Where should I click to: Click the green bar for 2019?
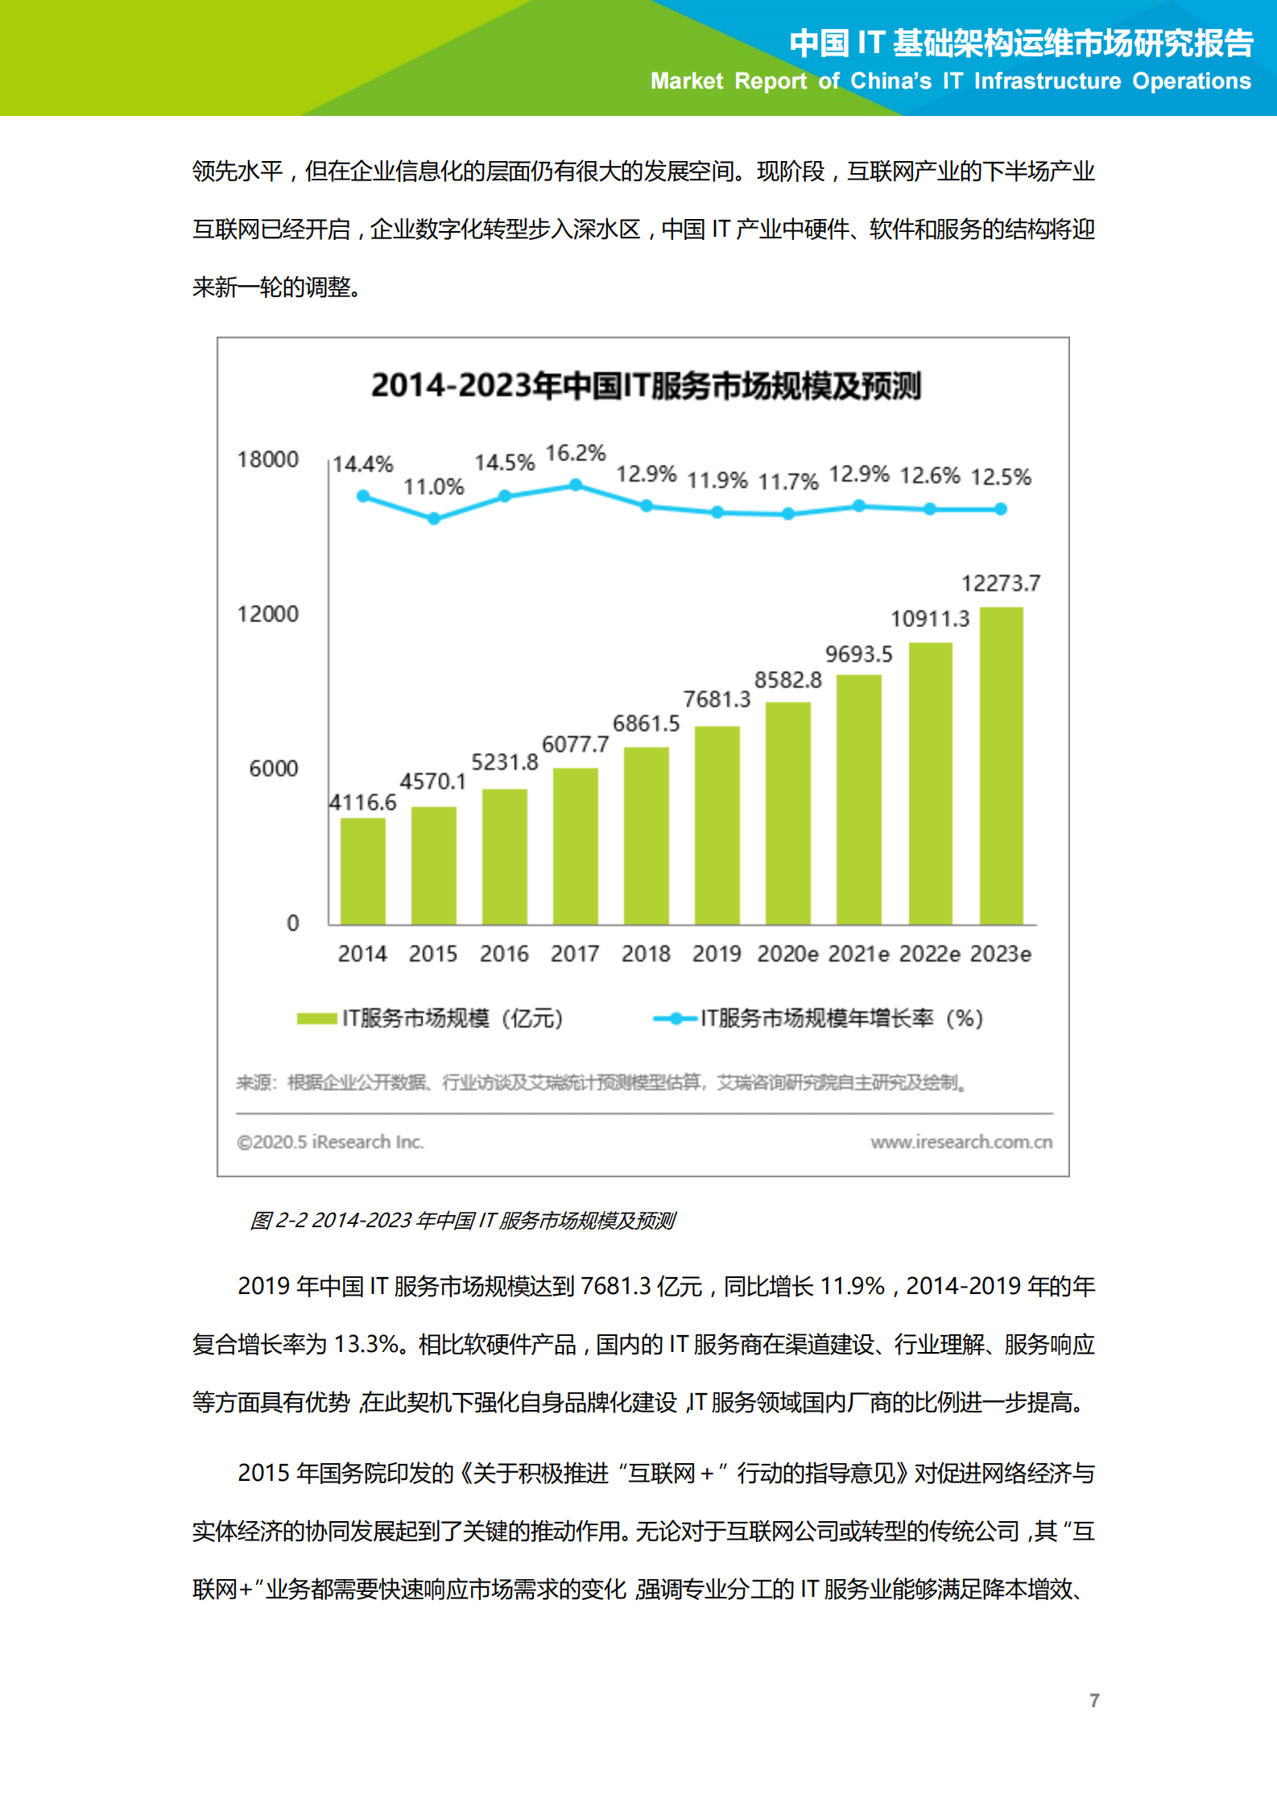point(717,825)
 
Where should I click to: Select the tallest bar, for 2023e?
point(1001,765)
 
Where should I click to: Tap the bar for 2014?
point(362,871)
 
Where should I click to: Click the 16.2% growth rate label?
point(575,453)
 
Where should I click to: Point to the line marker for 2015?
point(434,519)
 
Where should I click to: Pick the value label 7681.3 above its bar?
point(716,699)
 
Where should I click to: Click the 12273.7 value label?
point(1000,583)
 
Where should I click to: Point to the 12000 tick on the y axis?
point(267,614)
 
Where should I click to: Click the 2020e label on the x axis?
point(787,954)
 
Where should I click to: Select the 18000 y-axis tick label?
point(267,459)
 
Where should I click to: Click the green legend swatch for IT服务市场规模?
point(316,1019)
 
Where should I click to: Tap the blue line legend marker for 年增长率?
point(675,1019)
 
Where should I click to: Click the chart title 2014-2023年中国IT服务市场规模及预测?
point(646,386)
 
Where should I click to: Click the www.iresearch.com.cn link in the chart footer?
point(961,1142)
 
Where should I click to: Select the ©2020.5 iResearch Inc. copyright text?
point(330,1142)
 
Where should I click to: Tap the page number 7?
point(1094,1700)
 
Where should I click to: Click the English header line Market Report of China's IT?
point(950,81)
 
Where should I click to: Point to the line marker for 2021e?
point(859,506)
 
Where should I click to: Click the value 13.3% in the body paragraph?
point(366,1344)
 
